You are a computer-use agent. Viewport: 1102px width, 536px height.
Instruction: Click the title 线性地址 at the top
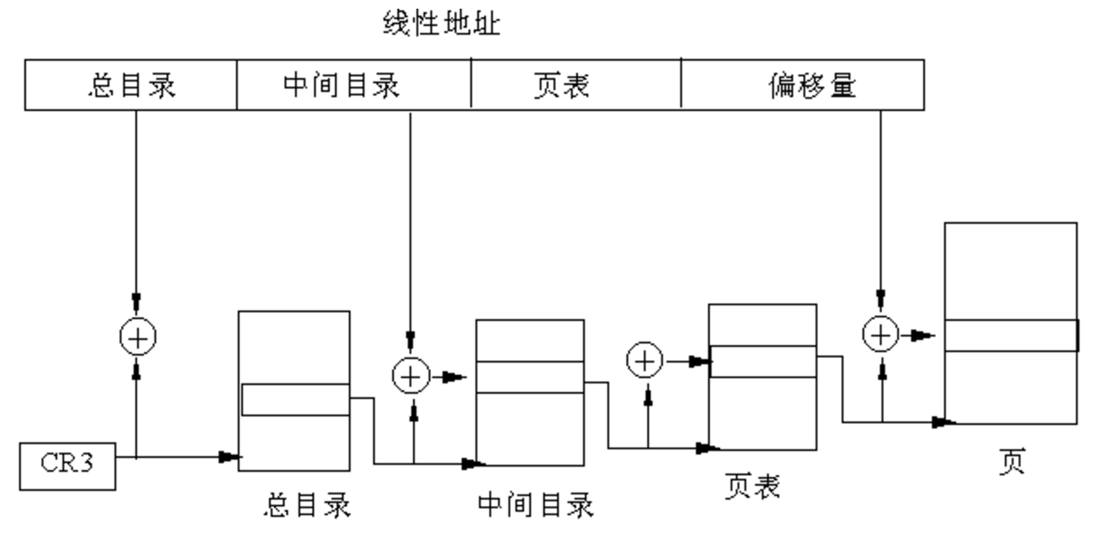click(441, 23)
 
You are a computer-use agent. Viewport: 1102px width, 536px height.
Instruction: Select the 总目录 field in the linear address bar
click(131, 85)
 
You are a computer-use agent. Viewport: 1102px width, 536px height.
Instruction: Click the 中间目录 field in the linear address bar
click(341, 85)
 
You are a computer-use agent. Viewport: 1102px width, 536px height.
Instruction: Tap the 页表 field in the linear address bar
click(561, 85)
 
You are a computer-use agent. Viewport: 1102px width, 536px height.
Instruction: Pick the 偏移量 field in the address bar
click(812, 85)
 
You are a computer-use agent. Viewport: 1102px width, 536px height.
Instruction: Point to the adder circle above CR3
click(137, 337)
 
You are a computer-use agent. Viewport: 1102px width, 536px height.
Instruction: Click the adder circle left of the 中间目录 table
click(411, 376)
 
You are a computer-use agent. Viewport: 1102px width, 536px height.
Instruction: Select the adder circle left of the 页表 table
click(644, 360)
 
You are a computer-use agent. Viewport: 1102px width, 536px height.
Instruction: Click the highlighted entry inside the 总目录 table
click(295, 400)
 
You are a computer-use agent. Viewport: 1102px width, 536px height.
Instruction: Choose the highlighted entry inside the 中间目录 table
click(529, 377)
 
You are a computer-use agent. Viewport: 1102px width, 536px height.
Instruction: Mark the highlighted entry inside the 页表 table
click(763, 362)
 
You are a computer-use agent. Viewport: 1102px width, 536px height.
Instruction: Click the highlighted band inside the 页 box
click(1011, 336)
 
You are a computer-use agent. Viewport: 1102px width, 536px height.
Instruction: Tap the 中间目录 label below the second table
click(535, 504)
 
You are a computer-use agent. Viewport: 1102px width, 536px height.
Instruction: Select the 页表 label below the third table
click(751, 487)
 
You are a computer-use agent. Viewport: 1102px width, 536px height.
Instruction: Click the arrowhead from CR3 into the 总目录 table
click(231, 457)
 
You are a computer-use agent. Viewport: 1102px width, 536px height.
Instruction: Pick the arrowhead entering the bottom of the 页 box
click(944, 422)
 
